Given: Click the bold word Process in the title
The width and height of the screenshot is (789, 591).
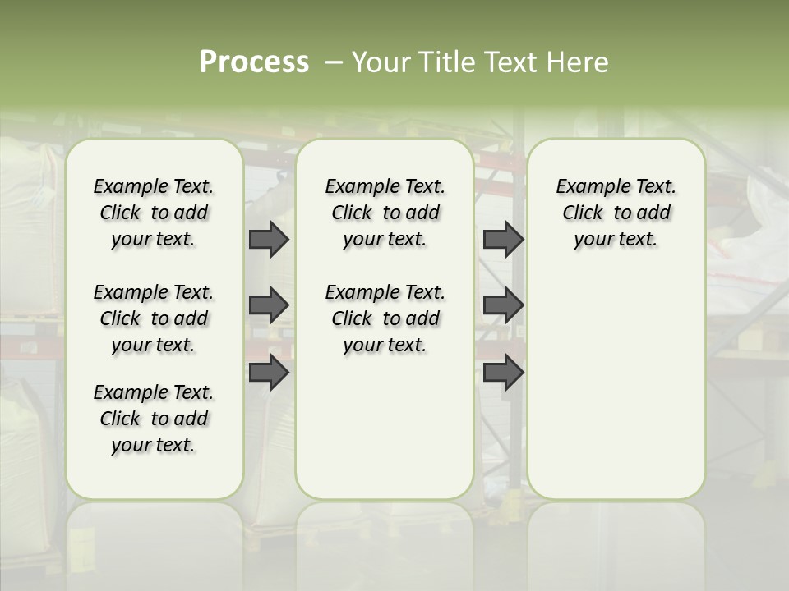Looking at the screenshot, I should coord(254,62).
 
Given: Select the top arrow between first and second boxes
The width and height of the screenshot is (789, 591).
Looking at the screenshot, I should coord(268,239).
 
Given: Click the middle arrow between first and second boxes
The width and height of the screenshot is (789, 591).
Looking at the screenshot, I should coord(268,305).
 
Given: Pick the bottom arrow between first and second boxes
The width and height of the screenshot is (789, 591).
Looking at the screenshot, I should coord(268,373).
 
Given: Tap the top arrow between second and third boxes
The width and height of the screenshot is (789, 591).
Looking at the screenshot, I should coord(503,239).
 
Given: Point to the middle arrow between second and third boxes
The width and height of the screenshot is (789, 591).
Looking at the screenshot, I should coord(503,305).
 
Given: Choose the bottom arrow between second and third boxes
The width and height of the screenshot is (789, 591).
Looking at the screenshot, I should coord(503,373).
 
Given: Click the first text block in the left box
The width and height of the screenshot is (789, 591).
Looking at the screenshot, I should coord(154,213).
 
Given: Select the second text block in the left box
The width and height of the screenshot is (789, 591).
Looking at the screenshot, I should coord(154,318).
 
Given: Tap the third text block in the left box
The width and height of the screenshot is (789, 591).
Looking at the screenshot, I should coord(154,419).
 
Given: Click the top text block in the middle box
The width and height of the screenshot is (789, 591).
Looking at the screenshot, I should coord(385,213).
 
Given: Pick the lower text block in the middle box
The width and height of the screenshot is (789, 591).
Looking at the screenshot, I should coord(385,318).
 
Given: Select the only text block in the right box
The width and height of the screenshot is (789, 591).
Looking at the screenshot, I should coord(616,213).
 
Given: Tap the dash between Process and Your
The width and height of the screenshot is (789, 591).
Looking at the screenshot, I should coord(334,62).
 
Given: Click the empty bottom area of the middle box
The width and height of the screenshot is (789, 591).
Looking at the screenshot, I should coord(385,435).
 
